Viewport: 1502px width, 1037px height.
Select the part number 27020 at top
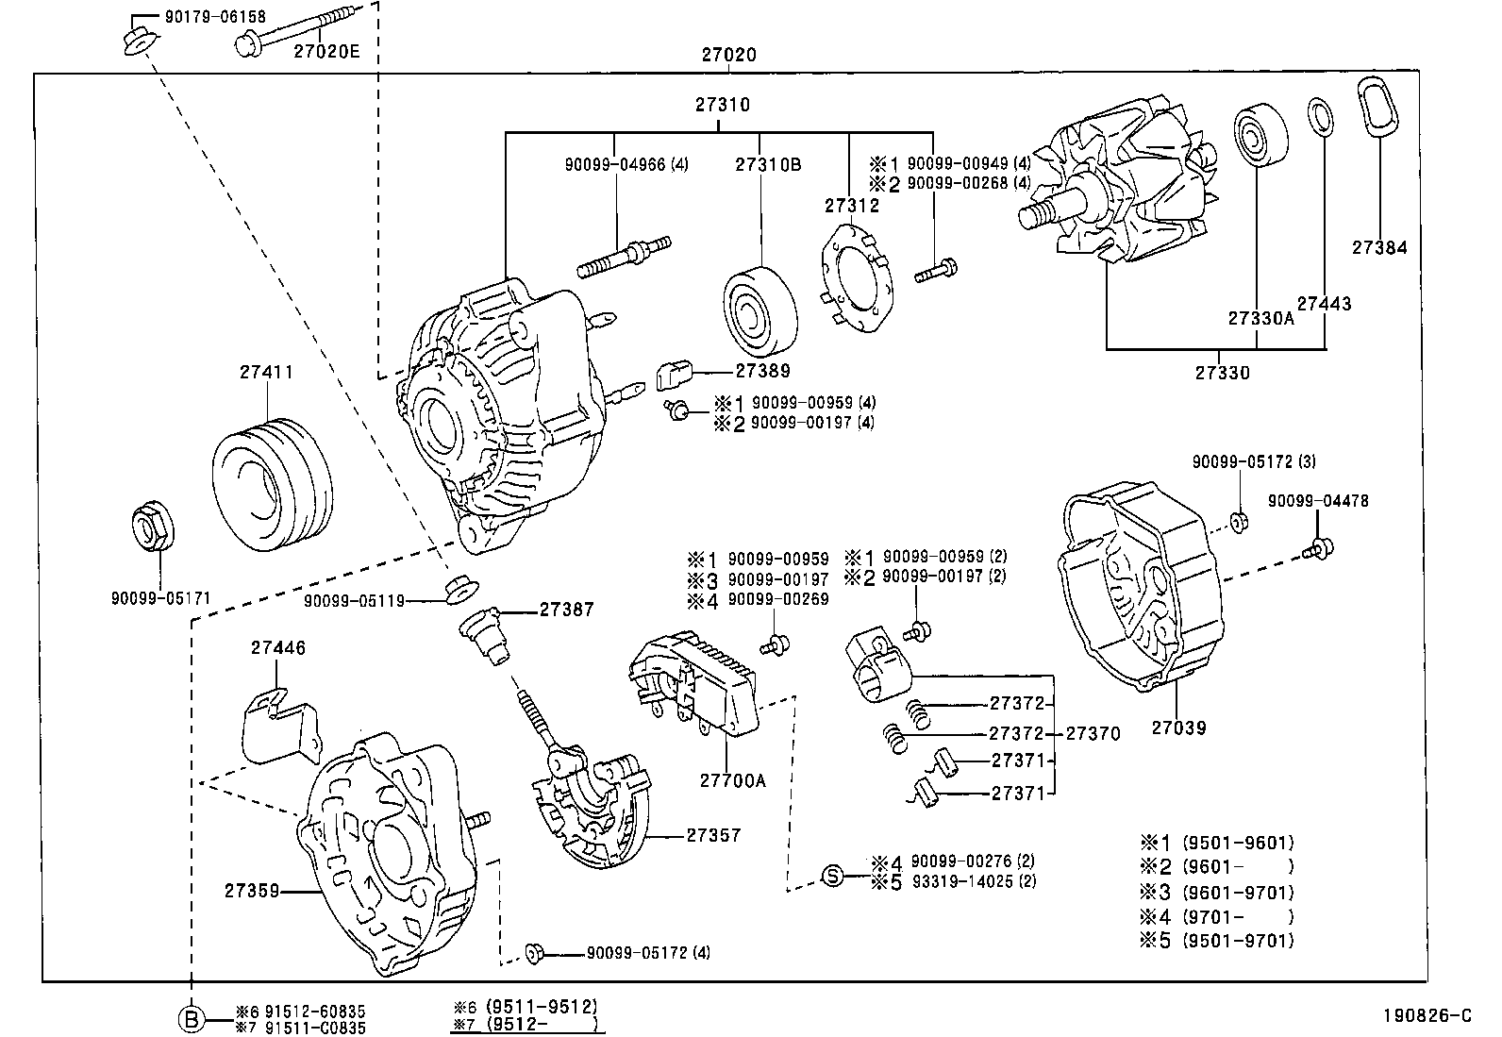tap(727, 56)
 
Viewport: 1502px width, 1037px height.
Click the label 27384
tap(1378, 248)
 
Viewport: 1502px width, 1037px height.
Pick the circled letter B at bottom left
tap(192, 1019)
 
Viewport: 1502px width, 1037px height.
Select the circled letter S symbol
tap(832, 875)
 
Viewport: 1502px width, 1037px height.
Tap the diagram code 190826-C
tap(1427, 1015)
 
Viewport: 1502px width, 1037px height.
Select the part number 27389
tap(762, 371)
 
